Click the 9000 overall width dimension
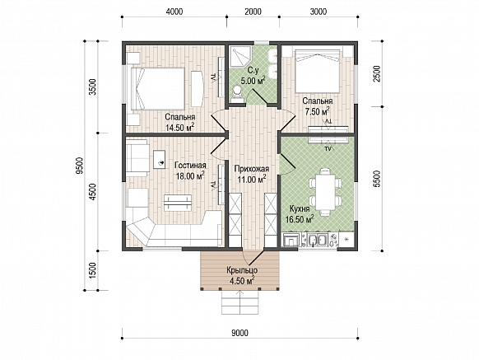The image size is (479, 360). (x=239, y=333)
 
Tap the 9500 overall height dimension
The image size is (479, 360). (x=80, y=166)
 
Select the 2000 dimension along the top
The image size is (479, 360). (x=253, y=12)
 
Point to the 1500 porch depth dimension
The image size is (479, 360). (x=93, y=270)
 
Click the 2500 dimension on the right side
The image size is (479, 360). (x=377, y=73)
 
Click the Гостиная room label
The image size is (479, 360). (x=190, y=166)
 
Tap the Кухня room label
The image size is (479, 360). (x=300, y=209)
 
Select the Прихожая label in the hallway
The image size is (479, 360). (x=251, y=169)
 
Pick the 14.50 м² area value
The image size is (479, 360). (x=179, y=128)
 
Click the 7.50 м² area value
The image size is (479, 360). (x=317, y=111)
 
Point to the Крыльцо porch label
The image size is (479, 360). (x=242, y=270)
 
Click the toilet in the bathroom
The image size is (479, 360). (x=237, y=94)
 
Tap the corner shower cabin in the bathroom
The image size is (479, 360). (x=240, y=57)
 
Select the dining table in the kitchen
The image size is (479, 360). (x=325, y=191)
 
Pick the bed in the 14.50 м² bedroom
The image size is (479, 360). (x=158, y=89)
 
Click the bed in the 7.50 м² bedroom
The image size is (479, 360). (x=318, y=71)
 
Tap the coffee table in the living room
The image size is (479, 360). (x=178, y=203)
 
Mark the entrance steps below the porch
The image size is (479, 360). (x=240, y=302)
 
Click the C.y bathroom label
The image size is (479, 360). (x=253, y=71)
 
